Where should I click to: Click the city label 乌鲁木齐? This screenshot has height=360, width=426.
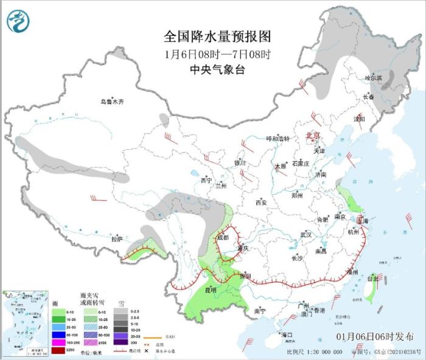click(112, 102)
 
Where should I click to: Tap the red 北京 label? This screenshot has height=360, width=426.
click(312, 136)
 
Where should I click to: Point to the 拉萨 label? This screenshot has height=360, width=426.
click(117, 239)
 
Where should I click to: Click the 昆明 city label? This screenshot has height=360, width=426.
click(209, 289)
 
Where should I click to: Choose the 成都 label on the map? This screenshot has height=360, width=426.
click(223, 237)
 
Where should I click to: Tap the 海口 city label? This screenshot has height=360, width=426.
click(287, 335)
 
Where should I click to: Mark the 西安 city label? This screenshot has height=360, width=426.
click(262, 203)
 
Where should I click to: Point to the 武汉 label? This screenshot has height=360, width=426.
click(306, 235)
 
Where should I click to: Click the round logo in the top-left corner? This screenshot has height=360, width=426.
click(19, 22)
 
